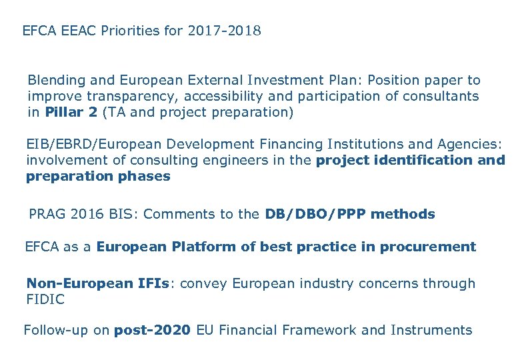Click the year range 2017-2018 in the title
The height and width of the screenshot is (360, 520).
coord(224,31)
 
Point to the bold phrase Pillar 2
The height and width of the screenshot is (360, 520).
coord(71,112)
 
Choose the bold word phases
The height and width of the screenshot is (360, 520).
coord(147,177)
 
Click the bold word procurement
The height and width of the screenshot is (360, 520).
coord(428,247)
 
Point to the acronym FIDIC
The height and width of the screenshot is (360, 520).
coord(45,299)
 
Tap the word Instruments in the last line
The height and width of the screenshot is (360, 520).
coord(431,330)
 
